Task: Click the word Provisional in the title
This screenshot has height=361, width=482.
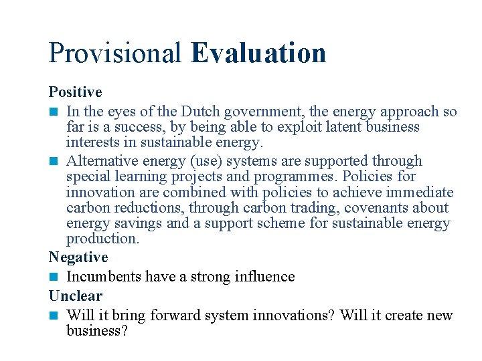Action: pyautogui.click(x=115, y=53)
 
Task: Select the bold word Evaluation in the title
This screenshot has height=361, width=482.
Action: pyautogui.click(x=258, y=53)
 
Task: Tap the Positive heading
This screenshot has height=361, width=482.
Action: pyautogui.click(x=75, y=92)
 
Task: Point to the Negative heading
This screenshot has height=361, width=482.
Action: pyautogui.click(x=78, y=257)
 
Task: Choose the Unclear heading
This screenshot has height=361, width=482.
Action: pyautogui.click(x=76, y=296)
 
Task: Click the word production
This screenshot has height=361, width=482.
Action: pyautogui.click(x=102, y=239)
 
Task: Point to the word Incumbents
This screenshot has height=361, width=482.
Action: pyautogui.click(x=104, y=277)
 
